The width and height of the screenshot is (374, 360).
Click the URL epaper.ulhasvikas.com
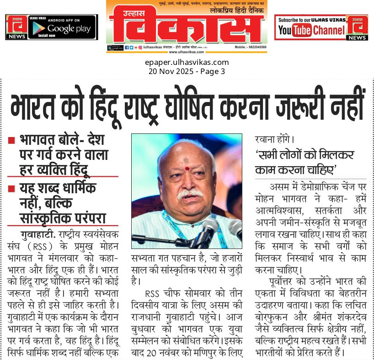click(187, 63)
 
